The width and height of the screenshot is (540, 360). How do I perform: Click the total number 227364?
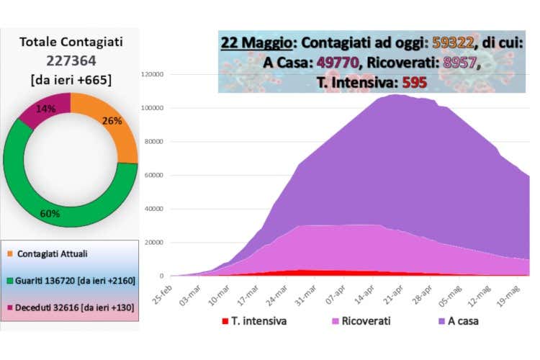tap(71, 61)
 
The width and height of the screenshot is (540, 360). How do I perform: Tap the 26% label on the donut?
tap(112, 121)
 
